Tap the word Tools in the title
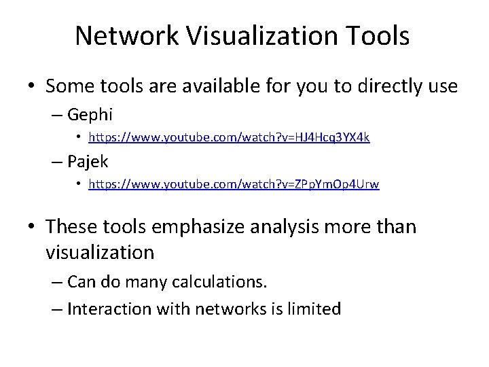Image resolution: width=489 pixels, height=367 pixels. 378,36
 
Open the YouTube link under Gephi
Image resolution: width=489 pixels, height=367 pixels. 230,137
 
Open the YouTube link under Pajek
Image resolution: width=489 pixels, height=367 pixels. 234,184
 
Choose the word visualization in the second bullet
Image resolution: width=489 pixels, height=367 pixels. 100,252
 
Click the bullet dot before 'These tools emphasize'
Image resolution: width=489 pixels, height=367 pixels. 31,226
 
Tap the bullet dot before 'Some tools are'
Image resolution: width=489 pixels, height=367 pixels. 31,87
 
